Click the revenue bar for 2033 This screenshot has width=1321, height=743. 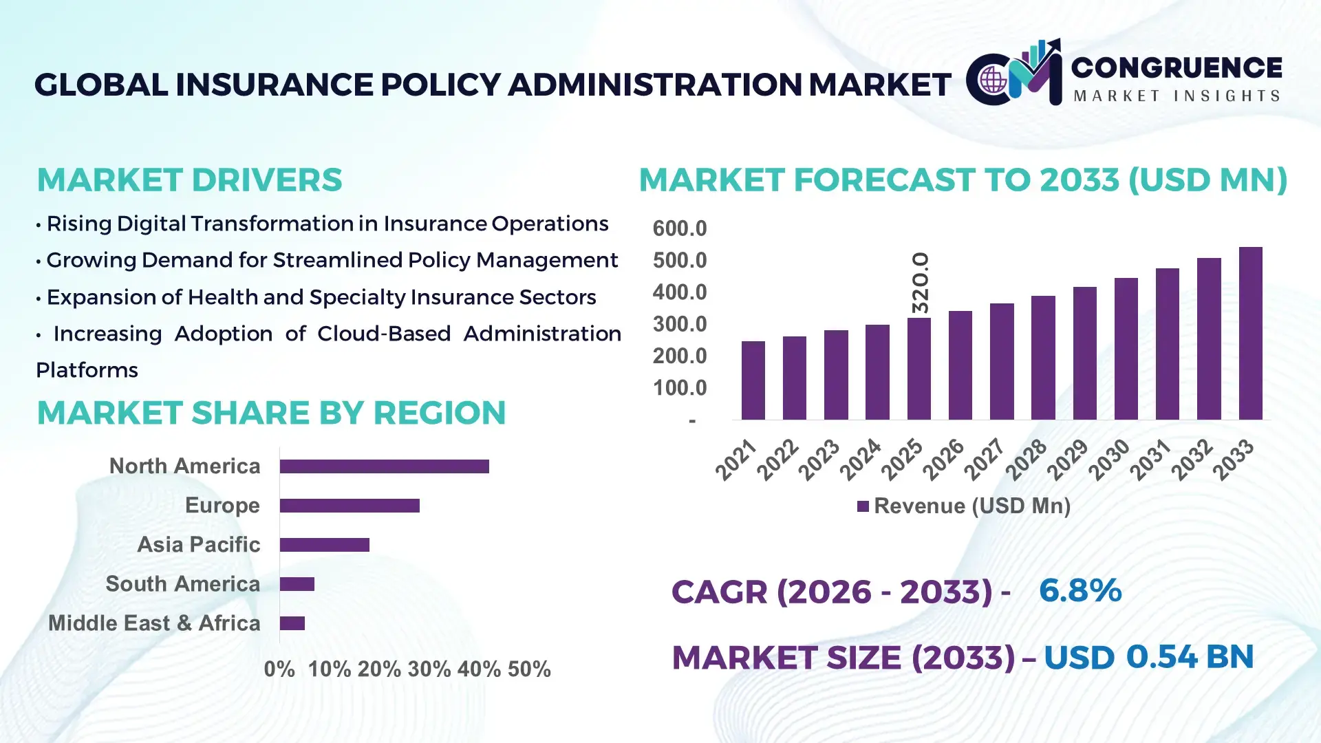pyautogui.click(x=1250, y=334)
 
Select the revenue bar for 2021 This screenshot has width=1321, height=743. pyautogui.click(x=753, y=380)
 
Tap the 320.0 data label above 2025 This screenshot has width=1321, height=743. pyautogui.click(x=920, y=283)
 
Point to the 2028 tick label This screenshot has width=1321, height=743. pyautogui.click(x=1026, y=460)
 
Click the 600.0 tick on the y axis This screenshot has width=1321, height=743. pyautogui.click(x=679, y=228)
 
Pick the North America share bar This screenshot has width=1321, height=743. pyautogui.click(x=384, y=466)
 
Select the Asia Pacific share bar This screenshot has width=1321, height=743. pyautogui.click(x=324, y=545)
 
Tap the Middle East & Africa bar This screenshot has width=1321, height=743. pyautogui.click(x=292, y=623)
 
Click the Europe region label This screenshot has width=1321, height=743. pyautogui.click(x=222, y=506)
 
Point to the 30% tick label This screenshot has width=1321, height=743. pyautogui.click(x=429, y=669)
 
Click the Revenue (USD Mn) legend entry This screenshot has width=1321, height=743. pyautogui.click(x=963, y=506)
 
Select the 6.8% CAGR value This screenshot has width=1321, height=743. pyautogui.click(x=1080, y=591)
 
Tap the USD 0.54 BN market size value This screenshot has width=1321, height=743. pyautogui.click(x=1148, y=657)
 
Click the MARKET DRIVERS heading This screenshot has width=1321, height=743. pyautogui.click(x=189, y=180)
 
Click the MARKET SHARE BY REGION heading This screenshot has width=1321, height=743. pyautogui.click(x=271, y=413)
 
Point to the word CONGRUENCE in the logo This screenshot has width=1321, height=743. pyautogui.click(x=1176, y=68)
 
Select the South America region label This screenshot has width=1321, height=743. pyautogui.click(x=182, y=584)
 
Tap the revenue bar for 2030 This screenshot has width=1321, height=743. pyautogui.click(x=1126, y=349)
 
